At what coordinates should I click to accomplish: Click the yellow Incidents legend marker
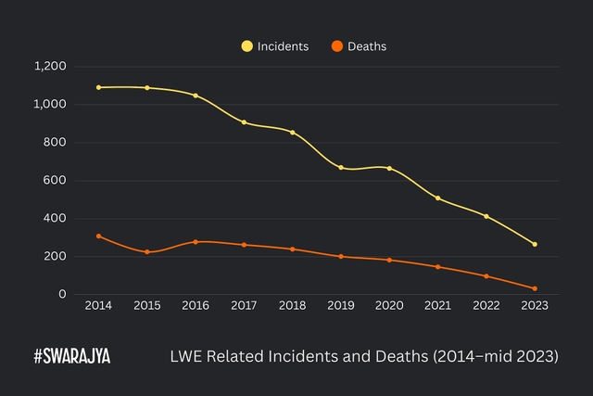pyautogui.click(x=246, y=45)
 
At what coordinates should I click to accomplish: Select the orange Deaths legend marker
pyautogui.click(x=337, y=45)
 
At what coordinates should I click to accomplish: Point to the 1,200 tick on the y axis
pyautogui.click(x=50, y=66)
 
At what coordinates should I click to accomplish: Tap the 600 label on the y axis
pyautogui.click(x=56, y=180)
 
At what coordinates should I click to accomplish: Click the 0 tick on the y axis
pyautogui.click(x=63, y=294)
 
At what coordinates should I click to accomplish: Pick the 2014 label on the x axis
pyautogui.click(x=98, y=305)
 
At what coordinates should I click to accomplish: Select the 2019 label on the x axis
pyautogui.click(x=341, y=305)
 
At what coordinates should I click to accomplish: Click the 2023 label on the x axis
pyautogui.click(x=535, y=305)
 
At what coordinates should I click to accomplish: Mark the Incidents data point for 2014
pyautogui.click(x=98, y=87)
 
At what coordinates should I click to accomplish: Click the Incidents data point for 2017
pyautogui.click(x=244, y=122)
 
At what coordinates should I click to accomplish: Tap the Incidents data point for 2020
pyautogui.click(x=389, y=168)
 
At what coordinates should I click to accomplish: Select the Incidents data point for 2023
pyautogui.click(x=535, y=244)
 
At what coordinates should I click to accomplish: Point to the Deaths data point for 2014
pyautogui.click(x=98, y=236)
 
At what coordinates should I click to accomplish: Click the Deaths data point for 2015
pyautogui.click(x=146, y=252)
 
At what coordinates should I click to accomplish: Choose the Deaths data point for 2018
pyautogui.click(x=292, y=249)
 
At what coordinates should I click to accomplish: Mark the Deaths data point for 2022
pyautogui.click(x=486, y=276)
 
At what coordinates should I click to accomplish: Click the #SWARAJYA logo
pyautogui.click(x=71, y=356)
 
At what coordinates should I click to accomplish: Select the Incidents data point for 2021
pyautogui.click(x=437, y=198)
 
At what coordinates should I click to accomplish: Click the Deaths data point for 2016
pyautogui.click(x=196, y=242)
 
